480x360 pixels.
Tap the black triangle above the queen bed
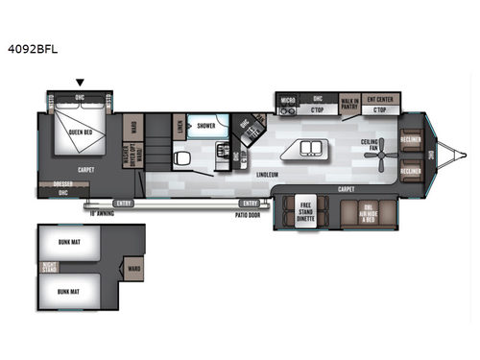click(81, 83)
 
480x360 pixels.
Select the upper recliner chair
click(413, 137)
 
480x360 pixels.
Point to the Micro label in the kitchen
click(286, 99)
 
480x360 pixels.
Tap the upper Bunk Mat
click(67, 240)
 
